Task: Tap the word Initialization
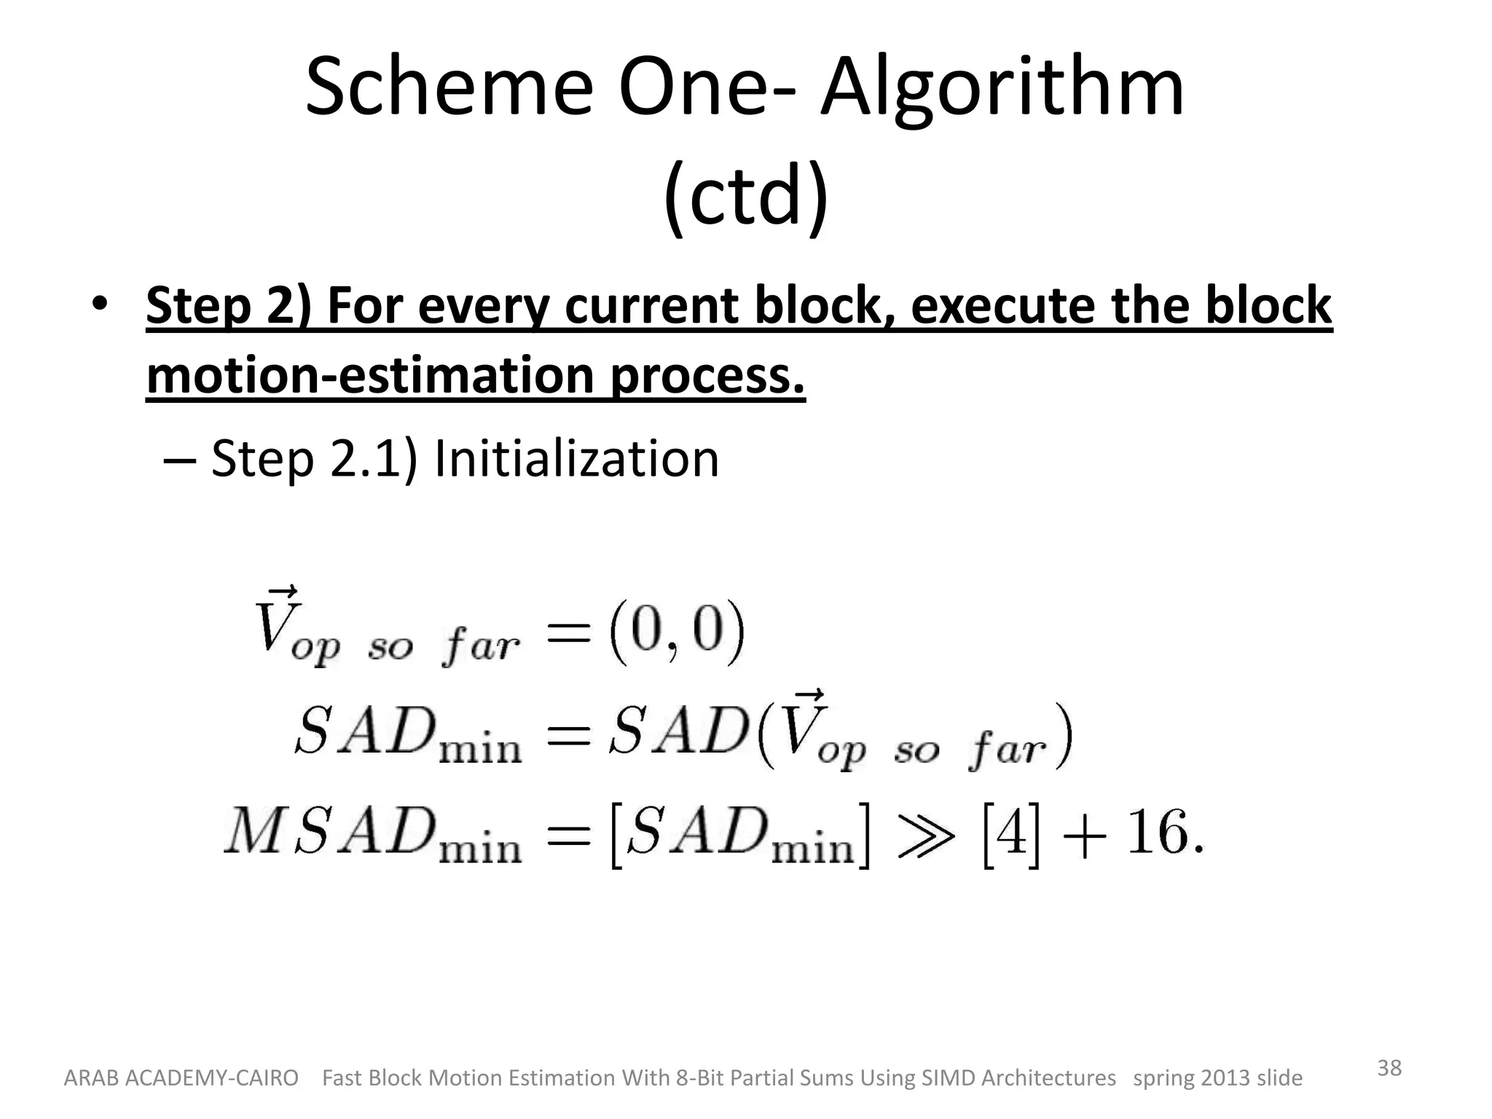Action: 576,459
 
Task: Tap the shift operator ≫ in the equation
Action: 926,836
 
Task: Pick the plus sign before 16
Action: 1085,836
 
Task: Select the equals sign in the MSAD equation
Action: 568,835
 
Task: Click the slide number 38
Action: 1389,1068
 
